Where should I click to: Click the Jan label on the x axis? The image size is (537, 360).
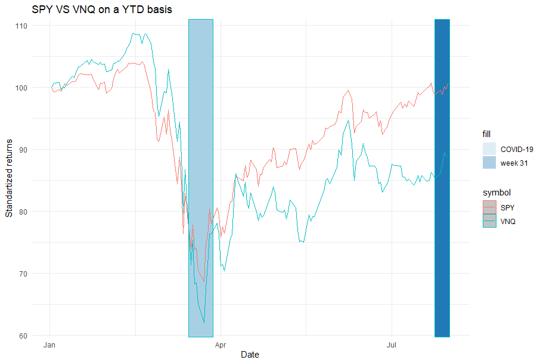[50, 345]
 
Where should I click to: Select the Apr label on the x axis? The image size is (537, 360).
[221, 345]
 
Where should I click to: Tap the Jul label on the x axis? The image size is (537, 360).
[392, 345]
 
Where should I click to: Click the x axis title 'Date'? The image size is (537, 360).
[250, 355]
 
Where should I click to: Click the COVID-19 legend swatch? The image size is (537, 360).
[489, 149]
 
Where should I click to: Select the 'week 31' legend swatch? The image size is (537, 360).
[489, 163]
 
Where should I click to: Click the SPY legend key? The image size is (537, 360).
[489, 207]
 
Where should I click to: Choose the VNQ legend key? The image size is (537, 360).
[489, 221]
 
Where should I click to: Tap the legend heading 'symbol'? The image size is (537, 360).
[496, 193]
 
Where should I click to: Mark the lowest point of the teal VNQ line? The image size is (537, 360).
[204, 323]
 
